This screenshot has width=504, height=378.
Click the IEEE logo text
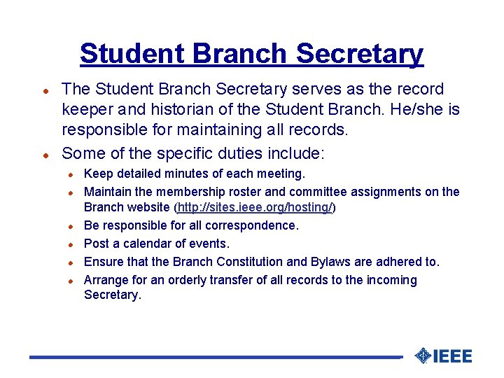[453, 356]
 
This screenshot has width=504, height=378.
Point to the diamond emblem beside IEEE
[422, 356]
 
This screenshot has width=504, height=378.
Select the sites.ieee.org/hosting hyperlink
[255, 207]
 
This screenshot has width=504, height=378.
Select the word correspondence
[250, 225]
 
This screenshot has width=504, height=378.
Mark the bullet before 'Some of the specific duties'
[44, 154]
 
